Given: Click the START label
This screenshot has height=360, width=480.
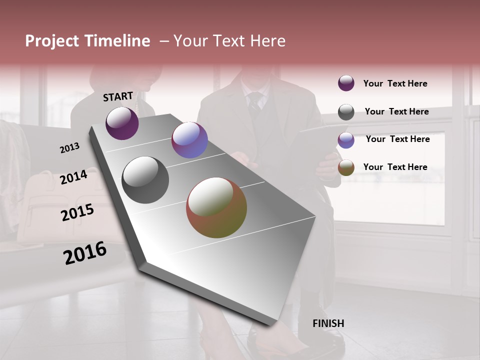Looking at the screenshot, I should point(118,96).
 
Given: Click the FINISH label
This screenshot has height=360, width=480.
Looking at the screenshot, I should point(328,323).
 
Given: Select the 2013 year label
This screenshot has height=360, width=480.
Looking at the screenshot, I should point(69,148).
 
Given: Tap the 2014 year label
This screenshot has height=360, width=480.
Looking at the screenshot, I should point(73,177).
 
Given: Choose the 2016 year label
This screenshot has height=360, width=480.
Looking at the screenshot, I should point(85,253).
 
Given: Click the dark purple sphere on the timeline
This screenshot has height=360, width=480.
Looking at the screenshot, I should point(122,123).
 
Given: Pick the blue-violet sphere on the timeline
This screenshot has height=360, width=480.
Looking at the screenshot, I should point(189,140).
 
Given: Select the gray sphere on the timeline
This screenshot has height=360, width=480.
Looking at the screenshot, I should point(145,180).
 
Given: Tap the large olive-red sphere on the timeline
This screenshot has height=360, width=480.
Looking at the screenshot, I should point(216,207).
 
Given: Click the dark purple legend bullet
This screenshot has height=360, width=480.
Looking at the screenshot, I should point(346,83).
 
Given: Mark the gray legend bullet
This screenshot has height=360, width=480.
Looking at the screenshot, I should point(346,112).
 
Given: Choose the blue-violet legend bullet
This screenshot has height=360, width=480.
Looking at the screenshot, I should point(346,140).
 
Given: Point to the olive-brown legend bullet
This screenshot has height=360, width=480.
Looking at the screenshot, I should point(346,168).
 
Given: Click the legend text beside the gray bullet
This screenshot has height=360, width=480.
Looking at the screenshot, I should point(396,111).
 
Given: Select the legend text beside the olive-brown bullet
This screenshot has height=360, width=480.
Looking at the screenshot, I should point(395,167).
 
